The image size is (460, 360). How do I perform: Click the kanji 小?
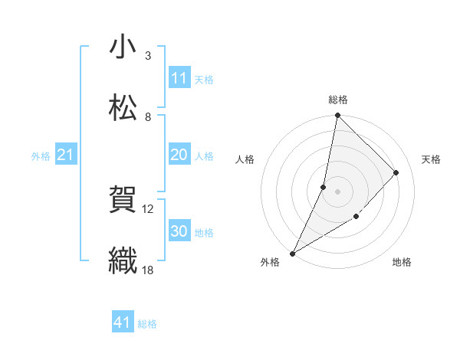tap(123, 47)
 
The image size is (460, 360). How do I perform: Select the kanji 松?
tap(123, 108)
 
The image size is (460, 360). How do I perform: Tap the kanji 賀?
tap(123, 200)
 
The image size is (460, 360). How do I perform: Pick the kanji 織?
tap(123, 261)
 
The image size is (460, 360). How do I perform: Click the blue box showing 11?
tap(179, 77)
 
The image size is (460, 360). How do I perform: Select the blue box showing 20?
tap(179, 155)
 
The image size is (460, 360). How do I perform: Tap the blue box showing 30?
tap(179, 231)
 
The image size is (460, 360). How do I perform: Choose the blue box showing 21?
tap(65, 155)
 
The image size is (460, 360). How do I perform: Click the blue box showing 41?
tap(123, 322)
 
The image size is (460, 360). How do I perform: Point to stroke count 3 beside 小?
tap(148, 56)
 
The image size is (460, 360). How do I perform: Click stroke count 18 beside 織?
tap(148, 270)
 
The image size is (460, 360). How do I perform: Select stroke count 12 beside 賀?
tap(148, 208)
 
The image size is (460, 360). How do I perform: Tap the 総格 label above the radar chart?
tap(338, 100)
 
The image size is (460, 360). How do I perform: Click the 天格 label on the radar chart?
tap(431, 159)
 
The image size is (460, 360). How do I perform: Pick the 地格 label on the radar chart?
tap(402, 262)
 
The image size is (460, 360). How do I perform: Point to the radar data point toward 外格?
tap(292, 253)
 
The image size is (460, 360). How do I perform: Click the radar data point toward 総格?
tap(337, 116)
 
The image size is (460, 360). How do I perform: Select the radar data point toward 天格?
tap(396, 172)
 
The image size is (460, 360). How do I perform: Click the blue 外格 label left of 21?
tap(41, 155)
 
